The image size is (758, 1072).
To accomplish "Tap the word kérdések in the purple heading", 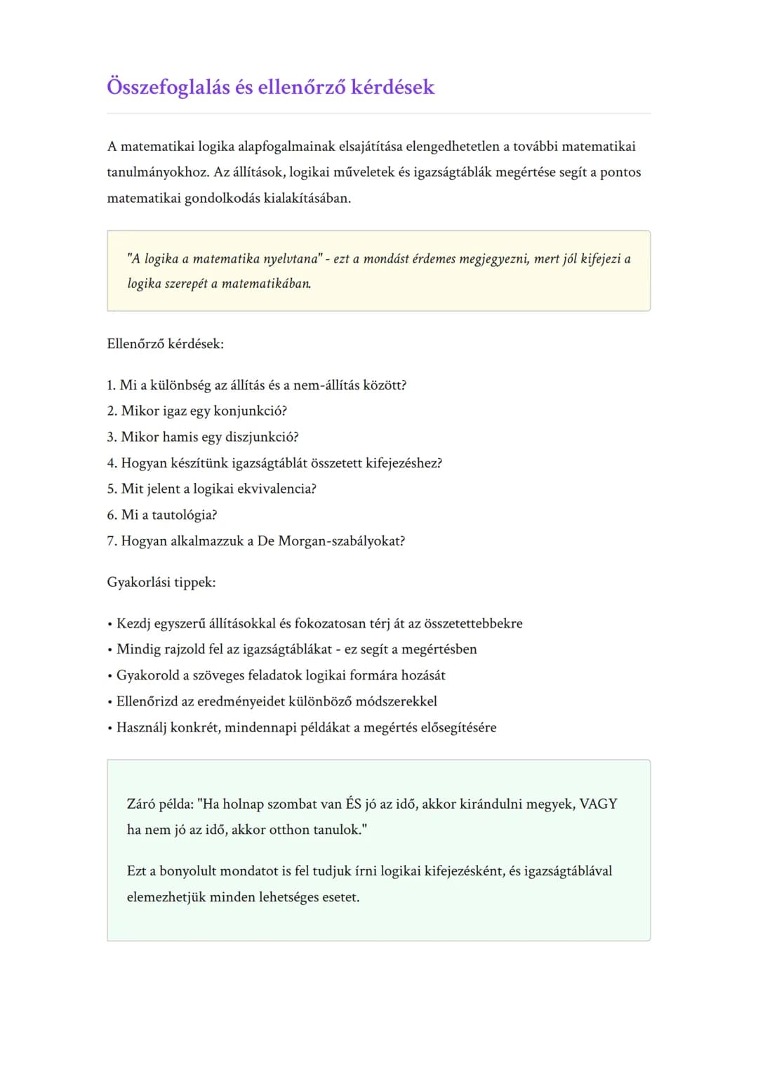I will coord(392,87).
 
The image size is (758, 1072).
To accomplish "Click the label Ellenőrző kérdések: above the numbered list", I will coord(165,344).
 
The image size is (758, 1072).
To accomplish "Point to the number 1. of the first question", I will coord(112,385).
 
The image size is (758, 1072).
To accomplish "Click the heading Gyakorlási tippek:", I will coord(161,582).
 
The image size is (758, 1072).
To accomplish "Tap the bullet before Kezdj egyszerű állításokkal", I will coord(109,624).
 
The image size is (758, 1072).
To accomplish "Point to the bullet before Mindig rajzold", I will coord(109,650).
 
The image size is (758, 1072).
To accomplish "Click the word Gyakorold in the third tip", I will coord(147,675).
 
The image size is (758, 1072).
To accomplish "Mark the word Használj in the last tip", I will coord(141,727).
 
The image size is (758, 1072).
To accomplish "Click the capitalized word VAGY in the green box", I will coord(598,804).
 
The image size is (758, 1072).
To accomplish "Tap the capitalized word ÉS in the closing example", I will coord(354,804).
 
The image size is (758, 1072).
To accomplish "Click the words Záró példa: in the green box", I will coord(160,804).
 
